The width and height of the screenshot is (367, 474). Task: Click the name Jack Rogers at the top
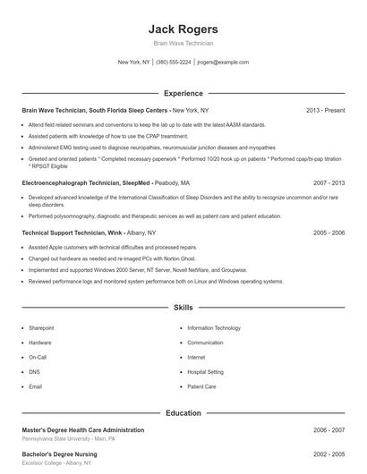tap(183, 28)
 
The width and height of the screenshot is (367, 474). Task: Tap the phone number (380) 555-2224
tap(173, 63)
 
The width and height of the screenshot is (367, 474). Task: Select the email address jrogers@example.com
tap(223, 63)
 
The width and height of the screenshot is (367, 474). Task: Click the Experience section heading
tap(183, 93)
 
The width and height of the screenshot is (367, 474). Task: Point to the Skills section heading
tap(183, 308)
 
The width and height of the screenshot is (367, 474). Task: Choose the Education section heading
tap(183, 413)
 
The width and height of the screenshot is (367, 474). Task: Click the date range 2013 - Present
tap(325, 111)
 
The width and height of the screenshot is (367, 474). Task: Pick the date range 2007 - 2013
tap(329, 182)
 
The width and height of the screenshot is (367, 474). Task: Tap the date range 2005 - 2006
tap(329, 233)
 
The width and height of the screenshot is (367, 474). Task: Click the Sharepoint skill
tap(41, 328)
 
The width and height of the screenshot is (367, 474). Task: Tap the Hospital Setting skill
tap(205, 372)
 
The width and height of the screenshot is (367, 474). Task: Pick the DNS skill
tap(34, 372)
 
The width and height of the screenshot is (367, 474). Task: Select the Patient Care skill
tap(201, 386)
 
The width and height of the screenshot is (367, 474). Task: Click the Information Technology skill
tap(214, 328)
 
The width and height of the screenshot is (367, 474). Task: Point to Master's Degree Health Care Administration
tap(82, 430)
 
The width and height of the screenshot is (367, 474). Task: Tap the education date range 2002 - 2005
tap(329, 455)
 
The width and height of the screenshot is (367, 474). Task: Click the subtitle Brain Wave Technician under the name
tap(183, 43)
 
